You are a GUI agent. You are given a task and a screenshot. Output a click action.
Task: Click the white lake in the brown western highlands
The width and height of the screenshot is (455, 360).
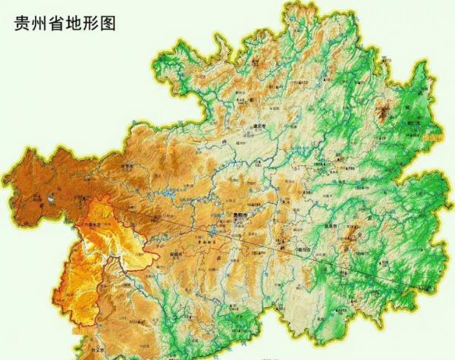click(52, 200)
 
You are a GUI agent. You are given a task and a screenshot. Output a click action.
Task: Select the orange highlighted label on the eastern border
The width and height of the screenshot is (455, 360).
click(433, 138)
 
